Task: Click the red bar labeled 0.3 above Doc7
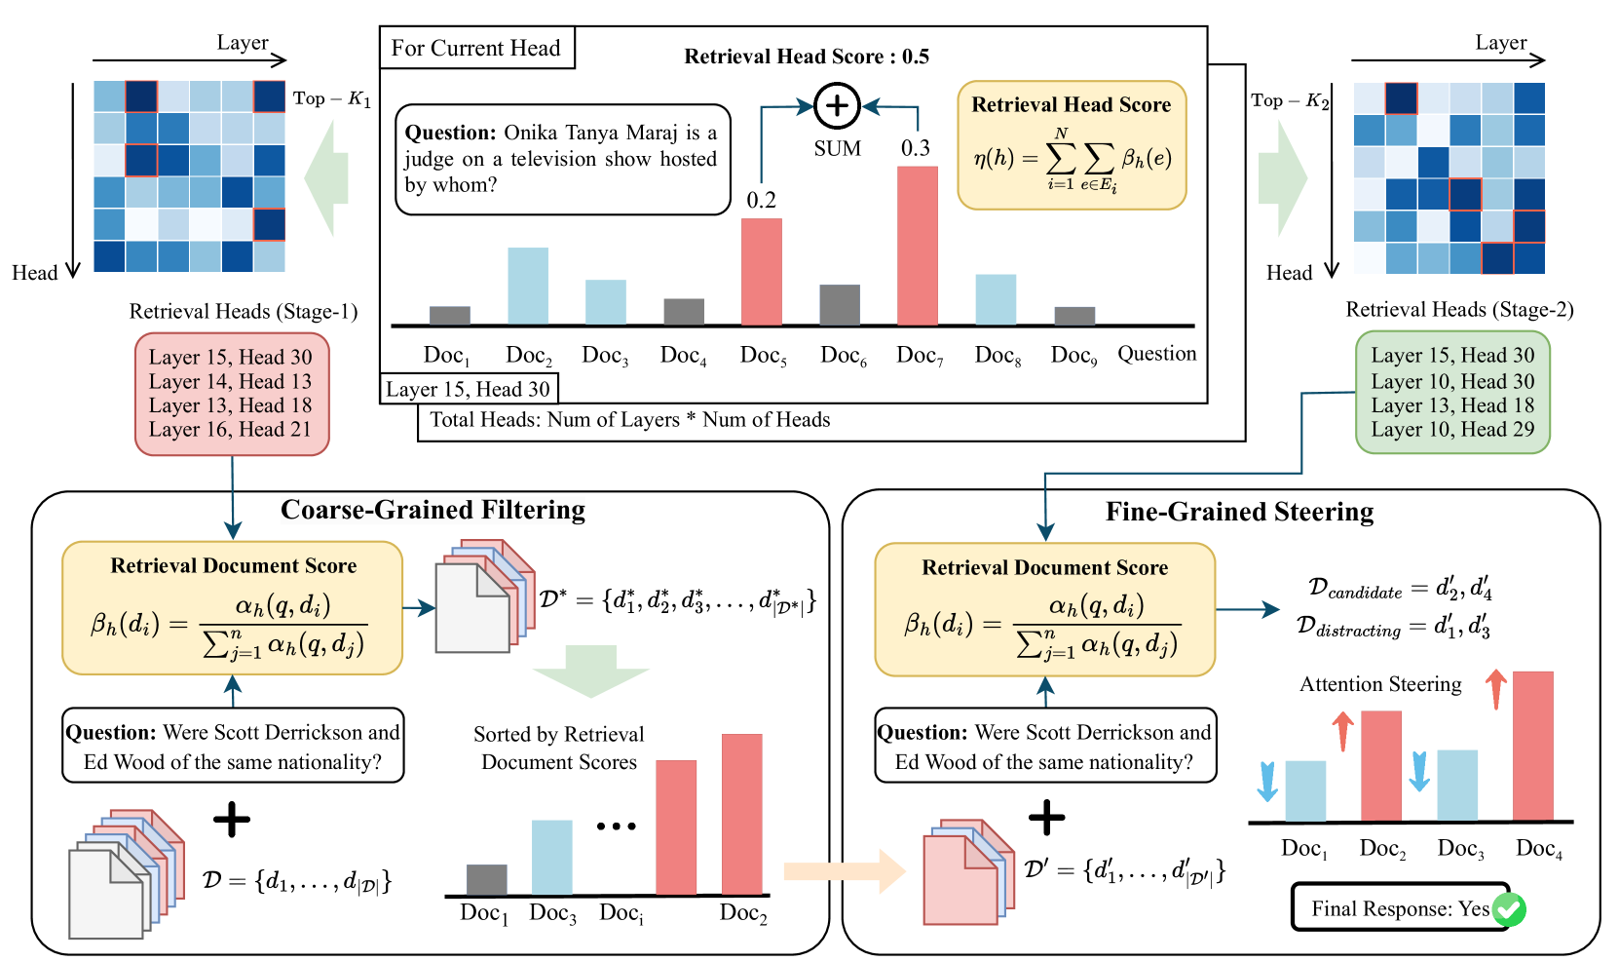[x=917, y=246]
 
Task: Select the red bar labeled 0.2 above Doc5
[x=761, y=272]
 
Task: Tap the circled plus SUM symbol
[x=837, y=106]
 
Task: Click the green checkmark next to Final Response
[x=1509, y=909]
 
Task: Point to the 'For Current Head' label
[x=475, y=48]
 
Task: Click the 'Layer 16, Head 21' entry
[x=230, y=429]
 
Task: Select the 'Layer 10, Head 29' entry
[x=1452, y=429]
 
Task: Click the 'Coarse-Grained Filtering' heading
[x=433, y=510]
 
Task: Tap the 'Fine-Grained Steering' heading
[x=1239, y=512]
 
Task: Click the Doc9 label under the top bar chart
[x=1073, y=356]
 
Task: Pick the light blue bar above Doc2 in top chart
[x=527, y=286]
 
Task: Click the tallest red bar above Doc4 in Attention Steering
[x=1532, y=746]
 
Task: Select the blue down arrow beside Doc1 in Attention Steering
[x=1266, y=781]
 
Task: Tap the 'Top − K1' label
[x=331, y=98]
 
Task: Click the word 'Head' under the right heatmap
[x=1289, y=273]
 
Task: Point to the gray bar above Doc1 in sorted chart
[x=486, y=879]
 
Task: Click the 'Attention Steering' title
[x=1380, y=684]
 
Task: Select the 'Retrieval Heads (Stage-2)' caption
[x=1459, y=310]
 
